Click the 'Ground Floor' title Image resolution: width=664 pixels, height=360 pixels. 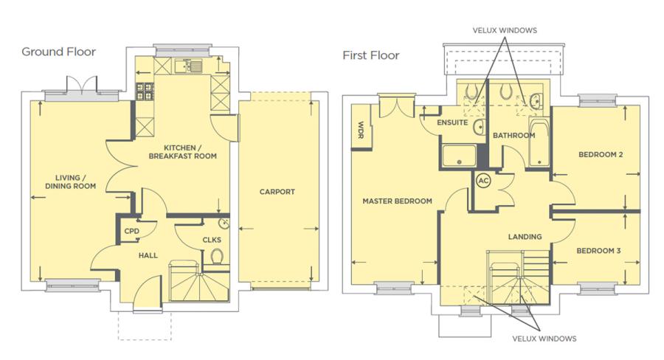point(58,52)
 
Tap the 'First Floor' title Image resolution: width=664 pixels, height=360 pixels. point(371,55)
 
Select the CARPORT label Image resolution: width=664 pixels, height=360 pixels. point(277,192)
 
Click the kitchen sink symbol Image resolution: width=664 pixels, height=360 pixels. point(189,66)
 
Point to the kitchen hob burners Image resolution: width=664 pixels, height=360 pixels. point(145,91)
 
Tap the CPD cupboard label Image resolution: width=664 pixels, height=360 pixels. point(132,231)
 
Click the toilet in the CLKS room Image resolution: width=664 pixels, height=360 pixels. point(217,256)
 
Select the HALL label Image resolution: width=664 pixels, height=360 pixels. point(148,255)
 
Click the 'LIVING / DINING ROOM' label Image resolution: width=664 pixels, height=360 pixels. point(70,181)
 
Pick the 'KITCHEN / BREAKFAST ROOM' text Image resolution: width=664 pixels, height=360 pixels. point(182,152)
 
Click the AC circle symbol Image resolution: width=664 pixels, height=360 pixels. point(483,181)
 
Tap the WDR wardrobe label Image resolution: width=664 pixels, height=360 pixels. point(361,129)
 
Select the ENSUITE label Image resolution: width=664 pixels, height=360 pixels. point(452,122)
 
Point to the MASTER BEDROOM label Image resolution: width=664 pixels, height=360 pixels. point(397,201)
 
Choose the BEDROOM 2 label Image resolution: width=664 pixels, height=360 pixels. point(601,155)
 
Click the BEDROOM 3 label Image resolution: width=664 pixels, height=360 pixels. point(598,251)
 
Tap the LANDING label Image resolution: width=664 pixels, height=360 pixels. point(525,237)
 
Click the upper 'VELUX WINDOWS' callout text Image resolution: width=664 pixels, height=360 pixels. point(505,30)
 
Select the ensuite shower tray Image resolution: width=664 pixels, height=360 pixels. point(459,156)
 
